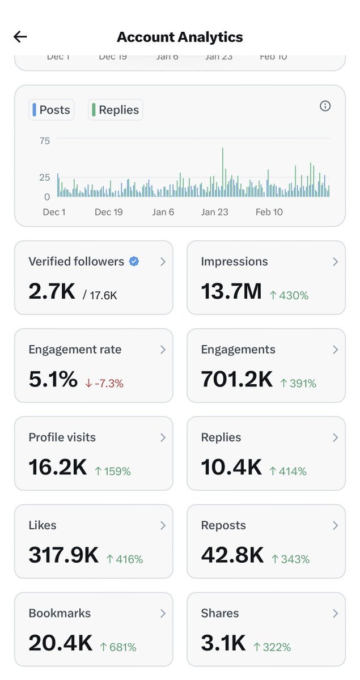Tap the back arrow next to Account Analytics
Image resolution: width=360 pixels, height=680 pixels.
tap(20, 37)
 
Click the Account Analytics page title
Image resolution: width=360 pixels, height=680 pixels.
tap(180, 37)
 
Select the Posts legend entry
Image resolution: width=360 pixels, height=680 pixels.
tap(52, 110)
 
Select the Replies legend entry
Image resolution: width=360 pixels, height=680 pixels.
tap(116, 110)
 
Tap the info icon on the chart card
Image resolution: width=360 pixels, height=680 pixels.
tap(325, 106)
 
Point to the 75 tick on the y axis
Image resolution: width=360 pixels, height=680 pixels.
tap(45, 141)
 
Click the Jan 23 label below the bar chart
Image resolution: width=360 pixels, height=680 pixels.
tap(215, 212)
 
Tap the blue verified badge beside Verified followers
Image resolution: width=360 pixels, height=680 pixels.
tap(134, 261)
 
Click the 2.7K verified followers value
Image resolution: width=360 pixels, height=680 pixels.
tap(52, 291)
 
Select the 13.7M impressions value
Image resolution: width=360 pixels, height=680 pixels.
tap(231, 291)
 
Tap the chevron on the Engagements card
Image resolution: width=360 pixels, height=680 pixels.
tap(335, 350)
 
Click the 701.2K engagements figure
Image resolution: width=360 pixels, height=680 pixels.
tap(237, 380)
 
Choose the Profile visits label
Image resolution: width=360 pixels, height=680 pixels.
tap(62, 437)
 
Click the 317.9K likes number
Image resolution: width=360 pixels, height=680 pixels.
tap(63, 555)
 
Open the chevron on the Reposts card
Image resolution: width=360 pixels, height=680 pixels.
tap(335, 525)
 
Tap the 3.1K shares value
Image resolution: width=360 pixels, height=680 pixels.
tap(223, 643)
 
